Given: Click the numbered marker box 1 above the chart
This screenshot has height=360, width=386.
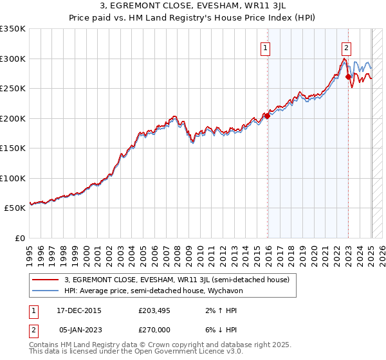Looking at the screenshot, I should tap(265, 46).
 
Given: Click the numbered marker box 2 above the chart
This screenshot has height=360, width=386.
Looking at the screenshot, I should tap(346, 46).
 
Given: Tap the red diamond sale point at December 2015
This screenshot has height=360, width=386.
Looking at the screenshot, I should tap(267, 116).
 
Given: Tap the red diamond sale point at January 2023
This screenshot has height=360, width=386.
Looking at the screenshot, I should tap(348, 77).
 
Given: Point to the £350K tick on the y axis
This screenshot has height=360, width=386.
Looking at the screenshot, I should tap(13, 29).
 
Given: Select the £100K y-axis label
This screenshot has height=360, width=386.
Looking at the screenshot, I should tap(13, 178).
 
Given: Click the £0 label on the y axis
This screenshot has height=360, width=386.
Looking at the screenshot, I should tap(19, 238).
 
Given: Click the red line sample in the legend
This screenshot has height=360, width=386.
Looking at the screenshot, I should tap(46, 280).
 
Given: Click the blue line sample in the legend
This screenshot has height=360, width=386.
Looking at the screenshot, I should tap(46, 291).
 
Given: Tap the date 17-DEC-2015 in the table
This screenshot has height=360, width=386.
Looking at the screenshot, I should tap(79, 310).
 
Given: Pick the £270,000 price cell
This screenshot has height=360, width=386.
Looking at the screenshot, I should tap(154, 329).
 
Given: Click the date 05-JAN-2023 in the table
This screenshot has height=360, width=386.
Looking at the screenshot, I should tap(80, 329).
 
